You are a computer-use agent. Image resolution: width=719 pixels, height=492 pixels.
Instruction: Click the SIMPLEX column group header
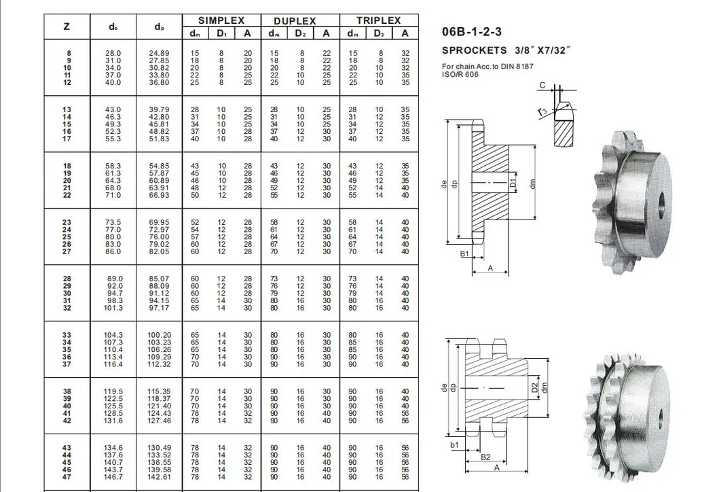pos(221,20)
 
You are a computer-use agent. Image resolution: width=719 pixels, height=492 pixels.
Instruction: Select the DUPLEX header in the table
pos(295,21)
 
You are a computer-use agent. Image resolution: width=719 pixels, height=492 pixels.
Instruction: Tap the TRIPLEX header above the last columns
pos(379,20)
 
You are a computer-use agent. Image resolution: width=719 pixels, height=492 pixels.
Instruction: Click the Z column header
pos(67,27)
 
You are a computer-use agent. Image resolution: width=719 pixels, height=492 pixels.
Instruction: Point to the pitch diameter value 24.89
pos(159,53)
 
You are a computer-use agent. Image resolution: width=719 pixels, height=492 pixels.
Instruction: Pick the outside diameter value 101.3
pos(113,308)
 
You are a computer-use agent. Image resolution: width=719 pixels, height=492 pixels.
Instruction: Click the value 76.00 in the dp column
pos(159,236)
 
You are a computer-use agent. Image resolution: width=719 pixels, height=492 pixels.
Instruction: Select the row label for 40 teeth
pos(67,406)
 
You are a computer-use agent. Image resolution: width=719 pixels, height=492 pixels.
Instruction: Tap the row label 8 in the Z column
pos(69,53)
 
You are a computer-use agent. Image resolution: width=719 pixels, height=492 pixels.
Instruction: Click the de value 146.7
pos(113,477)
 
